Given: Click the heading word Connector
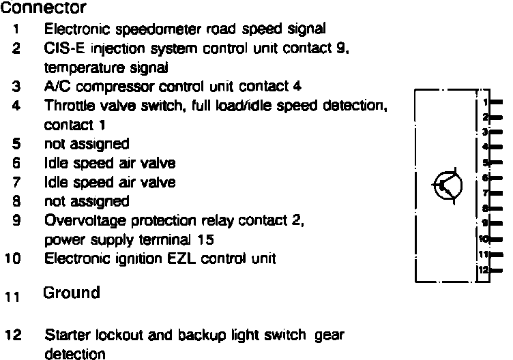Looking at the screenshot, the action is (44, 9).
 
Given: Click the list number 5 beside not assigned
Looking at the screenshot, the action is (16, 145).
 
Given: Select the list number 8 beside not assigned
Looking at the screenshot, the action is (16, 202).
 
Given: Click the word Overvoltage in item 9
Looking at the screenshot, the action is (76, 221).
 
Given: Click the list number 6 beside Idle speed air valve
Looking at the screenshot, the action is (16, 164).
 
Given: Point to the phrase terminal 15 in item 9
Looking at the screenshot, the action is (184, 240).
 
